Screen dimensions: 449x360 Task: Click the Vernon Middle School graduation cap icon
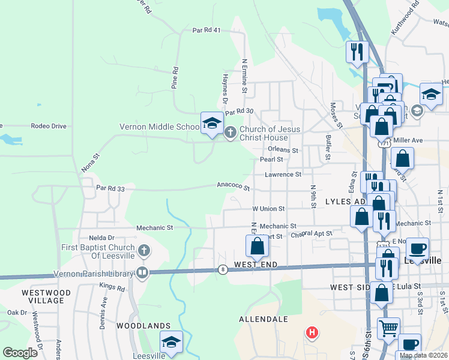tap(211, 123)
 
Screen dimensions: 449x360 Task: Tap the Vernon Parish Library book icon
tap(142, 272)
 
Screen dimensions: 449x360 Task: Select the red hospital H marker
tap(312, 332)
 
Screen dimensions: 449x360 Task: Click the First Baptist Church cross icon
tap(143, 250)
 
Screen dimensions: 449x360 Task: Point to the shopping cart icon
tap(388, 328)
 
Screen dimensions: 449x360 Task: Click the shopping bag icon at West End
tap(257, 245)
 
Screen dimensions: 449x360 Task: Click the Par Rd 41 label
tap(207, 30)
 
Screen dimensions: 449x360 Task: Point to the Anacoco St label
tap(234, 187)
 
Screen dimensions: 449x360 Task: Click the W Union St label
tap(268, 208)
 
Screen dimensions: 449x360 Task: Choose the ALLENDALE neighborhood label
tap(263, 319)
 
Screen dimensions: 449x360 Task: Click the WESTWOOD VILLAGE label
tap(46, 296)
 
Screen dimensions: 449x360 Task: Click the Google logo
tap(20, 353)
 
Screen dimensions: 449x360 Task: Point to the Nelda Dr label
tap(101, 238)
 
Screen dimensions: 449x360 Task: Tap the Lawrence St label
tap(283, 175)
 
